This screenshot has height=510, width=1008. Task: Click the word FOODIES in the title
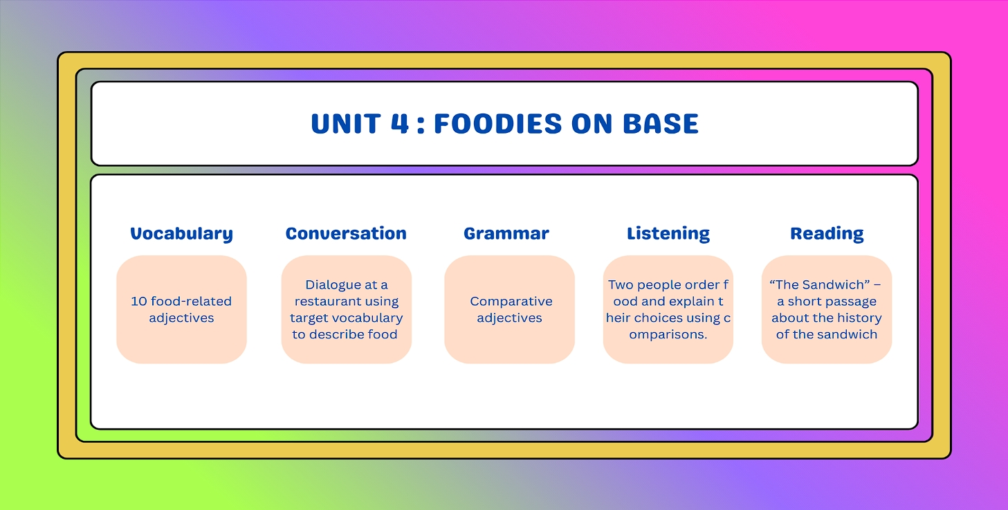(497, 124)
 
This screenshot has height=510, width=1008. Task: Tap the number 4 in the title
(400, 124)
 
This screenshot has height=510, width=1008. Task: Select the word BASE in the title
(661, 124)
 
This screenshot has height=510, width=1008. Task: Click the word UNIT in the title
(346, 124)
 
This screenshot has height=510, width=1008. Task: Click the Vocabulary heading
(181, 234)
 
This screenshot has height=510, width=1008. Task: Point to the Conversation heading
(346, 234)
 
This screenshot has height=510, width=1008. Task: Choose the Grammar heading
(506, 234)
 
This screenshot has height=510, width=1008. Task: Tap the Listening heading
(668, 234)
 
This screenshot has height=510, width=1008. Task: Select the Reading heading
(827, 234)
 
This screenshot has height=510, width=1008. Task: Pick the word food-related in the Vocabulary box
(191, 301)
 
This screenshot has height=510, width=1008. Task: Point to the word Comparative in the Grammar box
(511, 302)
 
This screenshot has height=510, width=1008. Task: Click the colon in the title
(421, 125)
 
